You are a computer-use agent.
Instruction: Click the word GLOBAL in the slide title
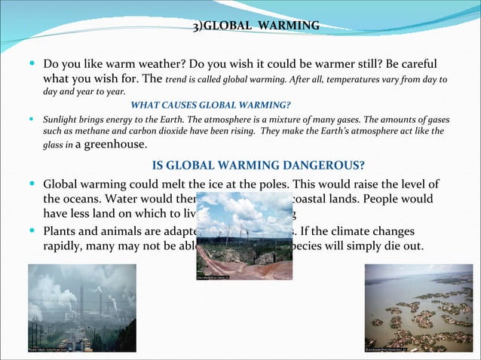point(228,27)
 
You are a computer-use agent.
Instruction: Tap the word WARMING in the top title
point(290,27)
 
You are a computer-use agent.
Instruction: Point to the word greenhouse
point(118,145)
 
